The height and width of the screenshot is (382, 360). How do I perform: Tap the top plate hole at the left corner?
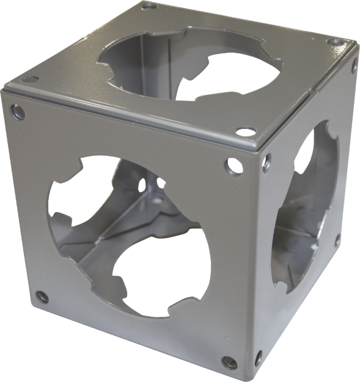pos(26,79)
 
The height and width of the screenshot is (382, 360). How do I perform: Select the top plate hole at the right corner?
pos(333,42)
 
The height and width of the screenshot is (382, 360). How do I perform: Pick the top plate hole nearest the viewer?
pos(245,131)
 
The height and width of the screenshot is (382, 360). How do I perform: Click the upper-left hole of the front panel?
pos(18,111)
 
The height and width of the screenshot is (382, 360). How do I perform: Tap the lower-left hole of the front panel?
pos(42,298)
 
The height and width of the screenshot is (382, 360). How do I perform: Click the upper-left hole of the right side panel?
pos(266,161)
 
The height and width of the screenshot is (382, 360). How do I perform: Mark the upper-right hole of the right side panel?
pos(354,68)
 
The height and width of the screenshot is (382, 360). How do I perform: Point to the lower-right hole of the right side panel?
pos(337,240)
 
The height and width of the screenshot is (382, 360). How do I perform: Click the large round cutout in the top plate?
pos(189,67)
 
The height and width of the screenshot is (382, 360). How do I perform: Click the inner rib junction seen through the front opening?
pos(160,202)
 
